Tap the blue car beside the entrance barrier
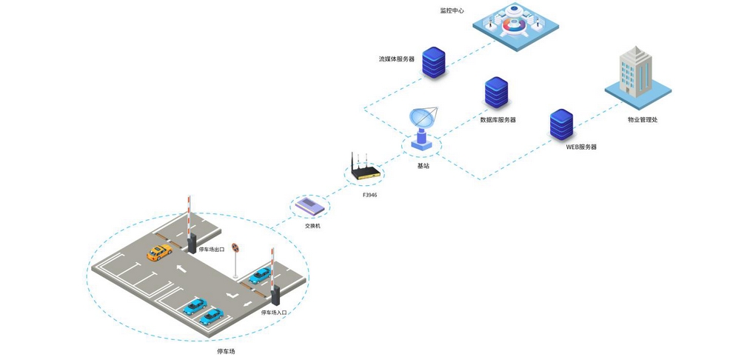tap(259, 276)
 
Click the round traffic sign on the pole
tap(235, 248)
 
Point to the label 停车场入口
tap(273, 313)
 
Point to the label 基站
tap(423, 166)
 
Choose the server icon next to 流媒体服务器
tap(433, 64)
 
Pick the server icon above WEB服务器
tap(562, 124)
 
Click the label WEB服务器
tap(581, 147)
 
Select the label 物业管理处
tap(642, 119)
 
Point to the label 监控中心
tap(452, 11)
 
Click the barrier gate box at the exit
tap(192, 244)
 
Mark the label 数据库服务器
tap(498, 119)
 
